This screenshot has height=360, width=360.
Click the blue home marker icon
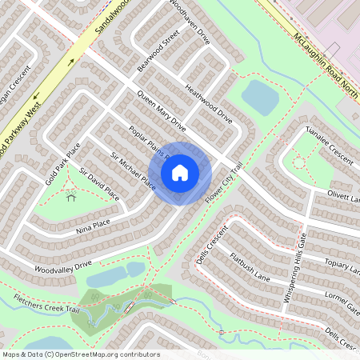coord(180,173)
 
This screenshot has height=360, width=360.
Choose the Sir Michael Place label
coord(133,169)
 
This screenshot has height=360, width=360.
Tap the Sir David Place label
coord(99,183)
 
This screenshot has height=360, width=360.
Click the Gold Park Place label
coord(63,163)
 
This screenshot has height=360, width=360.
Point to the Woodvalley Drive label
coord(63,264)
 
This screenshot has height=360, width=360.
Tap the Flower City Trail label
coord(223,184)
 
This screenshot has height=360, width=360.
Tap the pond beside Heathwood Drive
coord(260,96)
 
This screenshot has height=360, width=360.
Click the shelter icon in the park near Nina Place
coord(71,195)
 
